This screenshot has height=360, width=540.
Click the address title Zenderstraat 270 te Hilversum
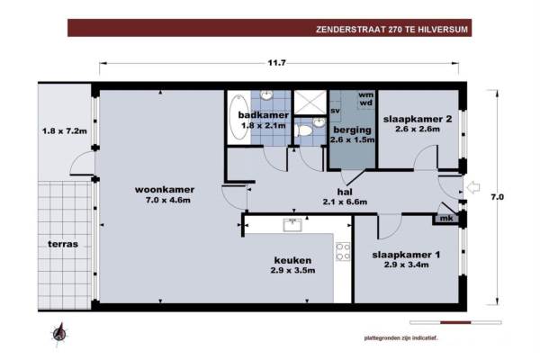391,30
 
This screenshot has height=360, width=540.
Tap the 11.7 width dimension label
277,63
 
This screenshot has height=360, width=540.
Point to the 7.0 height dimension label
497,197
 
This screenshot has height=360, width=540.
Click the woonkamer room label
165,190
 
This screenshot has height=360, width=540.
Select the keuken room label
292,260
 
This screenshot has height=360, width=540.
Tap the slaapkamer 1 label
406,255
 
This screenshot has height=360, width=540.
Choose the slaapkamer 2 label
418,119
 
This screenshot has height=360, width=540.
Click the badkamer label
264,114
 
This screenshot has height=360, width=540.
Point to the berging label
352,130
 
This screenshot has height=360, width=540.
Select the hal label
345,192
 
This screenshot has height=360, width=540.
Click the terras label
63,244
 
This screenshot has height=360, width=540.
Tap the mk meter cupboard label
446,218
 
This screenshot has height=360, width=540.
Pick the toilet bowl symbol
304,130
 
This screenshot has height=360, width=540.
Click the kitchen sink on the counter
292,225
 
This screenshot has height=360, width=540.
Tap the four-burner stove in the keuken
344,251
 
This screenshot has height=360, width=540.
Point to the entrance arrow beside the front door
473,188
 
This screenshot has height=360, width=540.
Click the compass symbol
59,333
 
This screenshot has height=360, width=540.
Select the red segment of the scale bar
455,322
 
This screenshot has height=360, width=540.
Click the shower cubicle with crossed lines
310,103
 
